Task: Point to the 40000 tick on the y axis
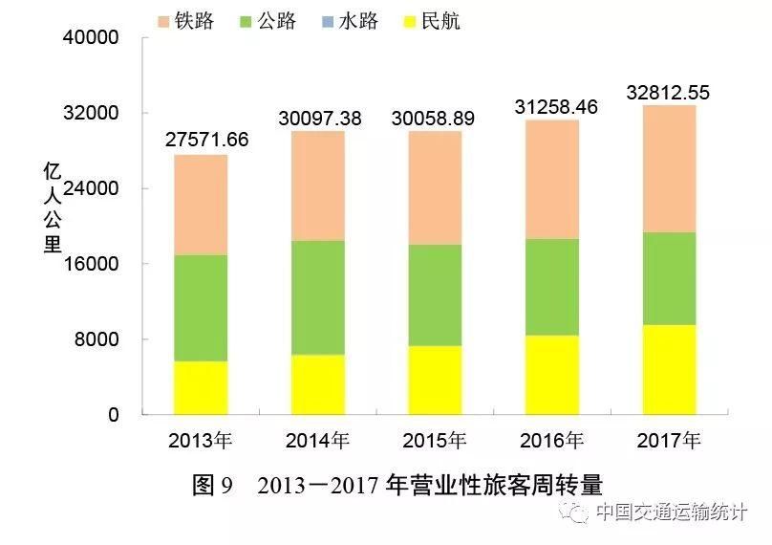[91, 38]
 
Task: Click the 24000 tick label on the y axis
[91, 189]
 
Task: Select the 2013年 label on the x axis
[200, 442]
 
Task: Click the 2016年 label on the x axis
[551, 442]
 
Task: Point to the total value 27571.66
[206, 140]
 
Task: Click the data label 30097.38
[319, 118]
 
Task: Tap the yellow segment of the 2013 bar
[200, 388]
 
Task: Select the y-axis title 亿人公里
[53, 208]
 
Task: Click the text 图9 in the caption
[212, 486]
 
